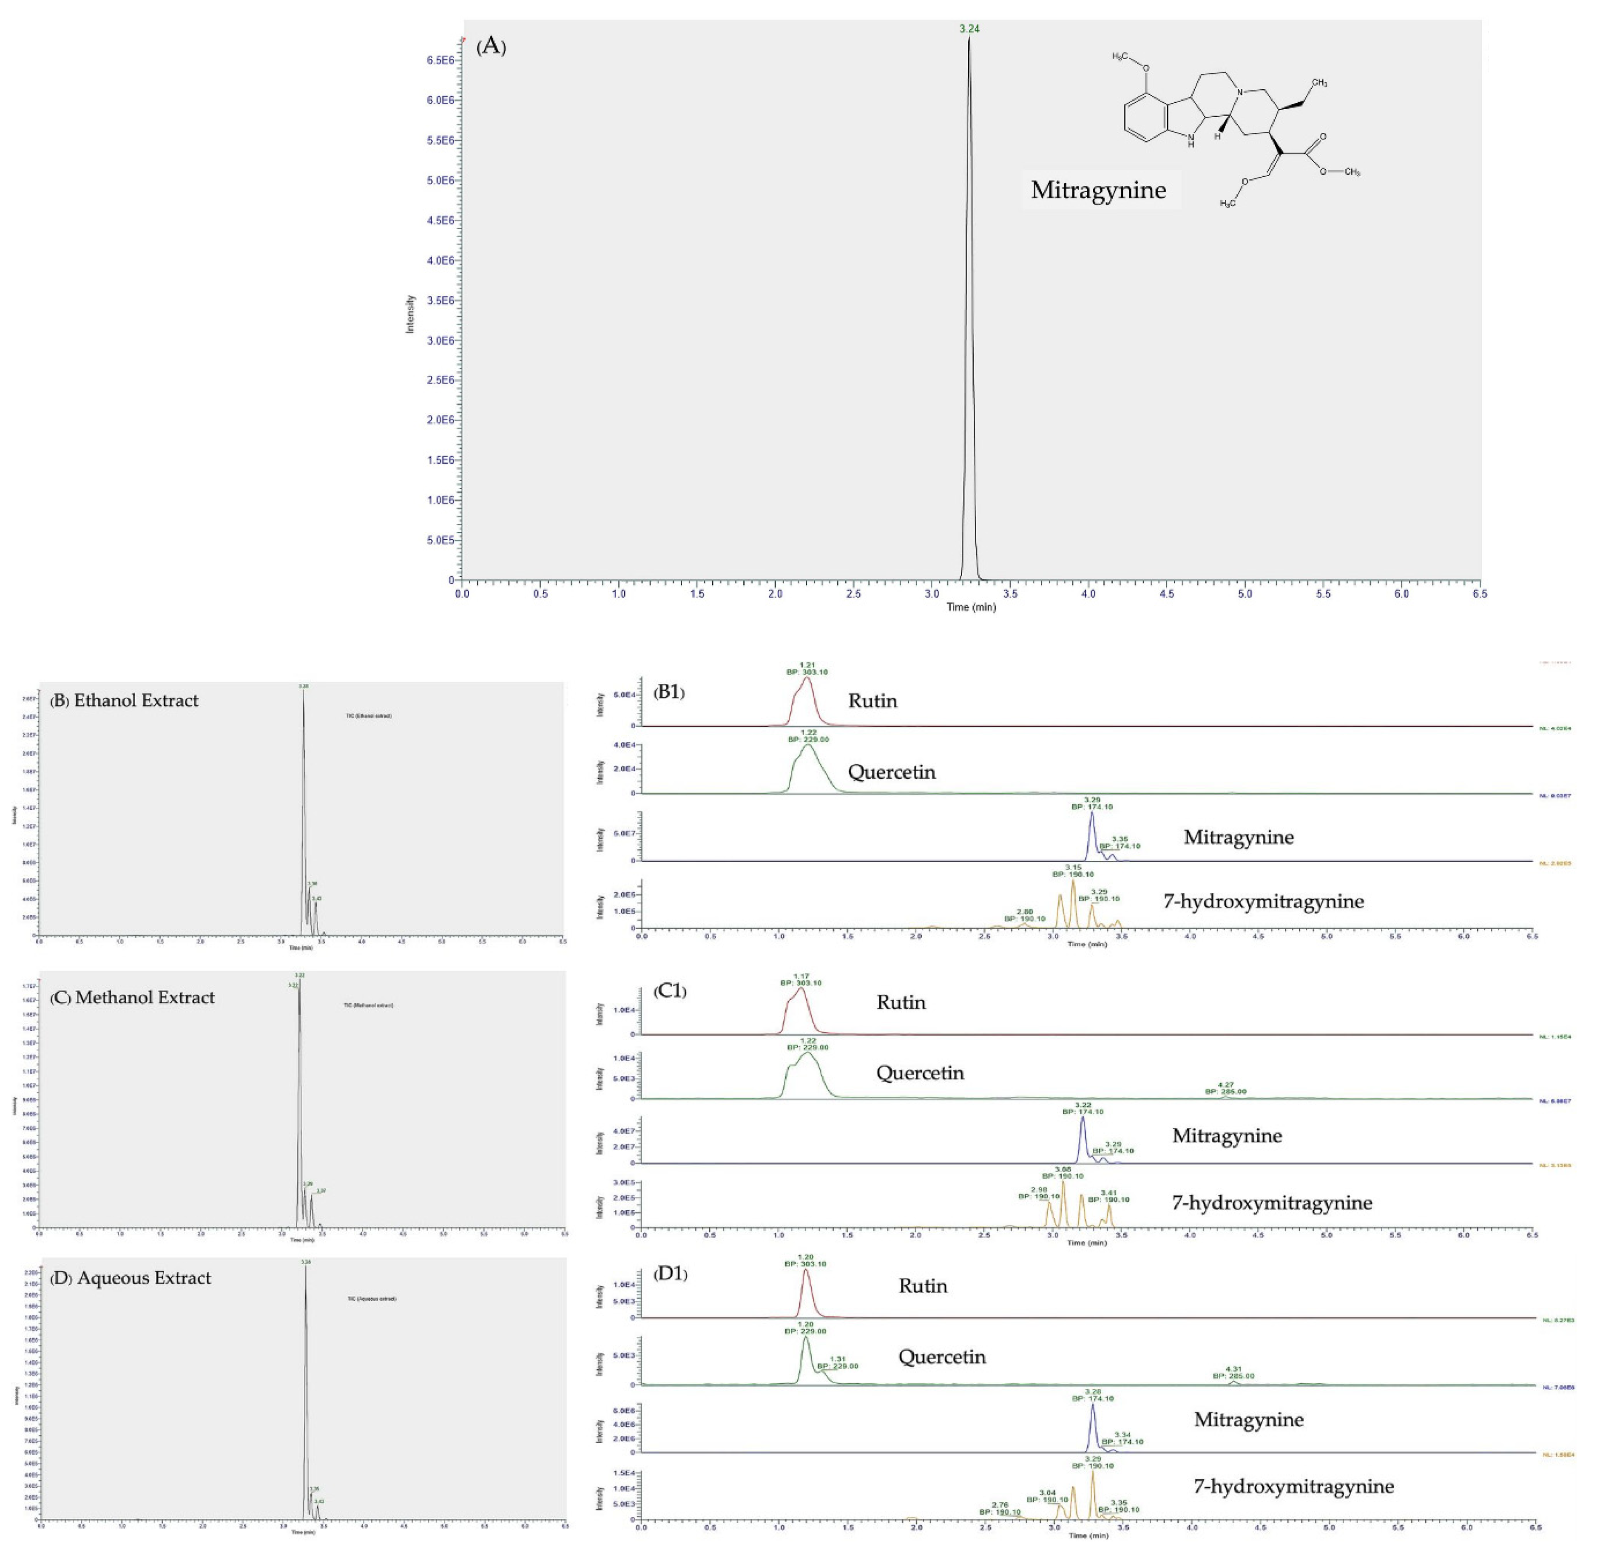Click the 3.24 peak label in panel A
969,28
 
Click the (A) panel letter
491,47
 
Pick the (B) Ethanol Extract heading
124,701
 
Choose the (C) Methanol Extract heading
132,997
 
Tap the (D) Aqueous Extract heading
131,1277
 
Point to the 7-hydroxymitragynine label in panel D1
1293,1486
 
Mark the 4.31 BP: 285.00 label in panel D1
1233,1372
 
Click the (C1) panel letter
670,991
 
